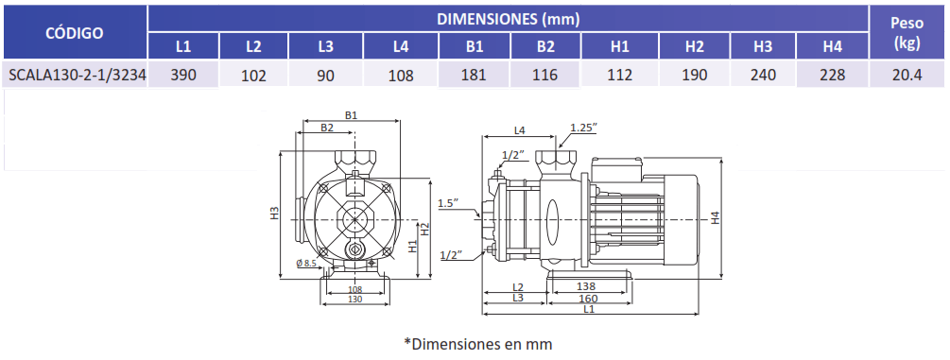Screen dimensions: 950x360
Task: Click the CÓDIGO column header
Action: point(75,33)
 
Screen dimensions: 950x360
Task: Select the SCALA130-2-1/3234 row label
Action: point(75,76)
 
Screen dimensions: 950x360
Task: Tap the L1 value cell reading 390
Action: point(183,76)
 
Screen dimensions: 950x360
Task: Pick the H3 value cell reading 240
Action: point(764,76)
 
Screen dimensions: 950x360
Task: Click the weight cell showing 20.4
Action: point(907,76)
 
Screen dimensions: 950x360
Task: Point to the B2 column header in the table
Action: point(545,46)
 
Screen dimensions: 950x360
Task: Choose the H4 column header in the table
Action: point(833,46)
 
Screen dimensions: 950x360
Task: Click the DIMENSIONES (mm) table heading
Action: point(509,19)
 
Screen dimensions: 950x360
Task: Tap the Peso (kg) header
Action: point(907,33)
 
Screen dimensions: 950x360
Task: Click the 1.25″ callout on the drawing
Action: point(583,128)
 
